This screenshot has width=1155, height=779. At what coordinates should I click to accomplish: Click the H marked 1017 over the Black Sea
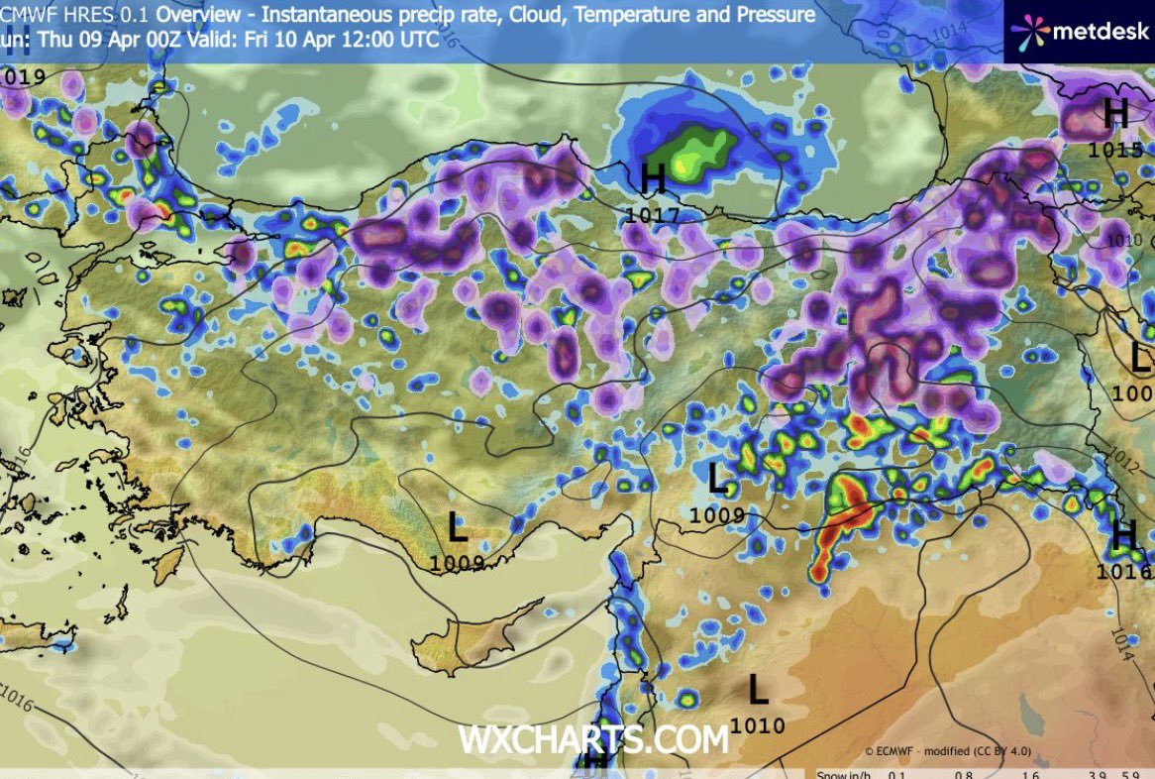653,179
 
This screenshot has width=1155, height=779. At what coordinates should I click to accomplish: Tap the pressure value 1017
653,215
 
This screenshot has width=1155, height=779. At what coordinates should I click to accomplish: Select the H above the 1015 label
1116,114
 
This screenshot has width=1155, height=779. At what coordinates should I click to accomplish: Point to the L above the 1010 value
758,689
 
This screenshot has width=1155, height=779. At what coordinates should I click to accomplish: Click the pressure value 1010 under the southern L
758,725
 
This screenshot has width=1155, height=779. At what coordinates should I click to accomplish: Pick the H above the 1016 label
1123,536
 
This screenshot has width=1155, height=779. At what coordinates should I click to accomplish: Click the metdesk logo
1078,30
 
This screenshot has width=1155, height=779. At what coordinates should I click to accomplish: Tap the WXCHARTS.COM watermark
592,738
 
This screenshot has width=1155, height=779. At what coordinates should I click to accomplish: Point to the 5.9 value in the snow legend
1130,774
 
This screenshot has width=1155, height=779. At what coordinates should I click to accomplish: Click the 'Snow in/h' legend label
847,774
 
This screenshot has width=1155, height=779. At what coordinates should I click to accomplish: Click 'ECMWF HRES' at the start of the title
54,16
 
